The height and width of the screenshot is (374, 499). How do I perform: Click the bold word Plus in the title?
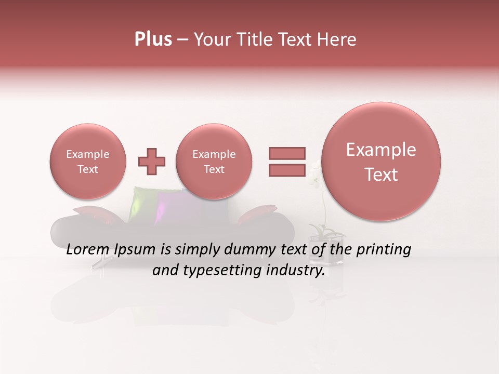[153, 39]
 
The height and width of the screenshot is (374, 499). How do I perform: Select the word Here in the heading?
[337, 39]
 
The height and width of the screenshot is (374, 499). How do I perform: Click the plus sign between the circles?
[152, 162]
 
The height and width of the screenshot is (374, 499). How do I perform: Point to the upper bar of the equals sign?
[287, 153]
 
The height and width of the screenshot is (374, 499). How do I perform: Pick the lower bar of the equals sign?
[287, 170]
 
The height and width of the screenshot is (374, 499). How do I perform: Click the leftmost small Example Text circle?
[88, 162]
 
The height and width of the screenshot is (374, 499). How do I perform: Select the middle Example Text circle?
[214, 162]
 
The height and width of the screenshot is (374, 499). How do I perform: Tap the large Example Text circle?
[381, 162]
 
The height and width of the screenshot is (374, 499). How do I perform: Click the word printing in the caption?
[384, 250]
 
